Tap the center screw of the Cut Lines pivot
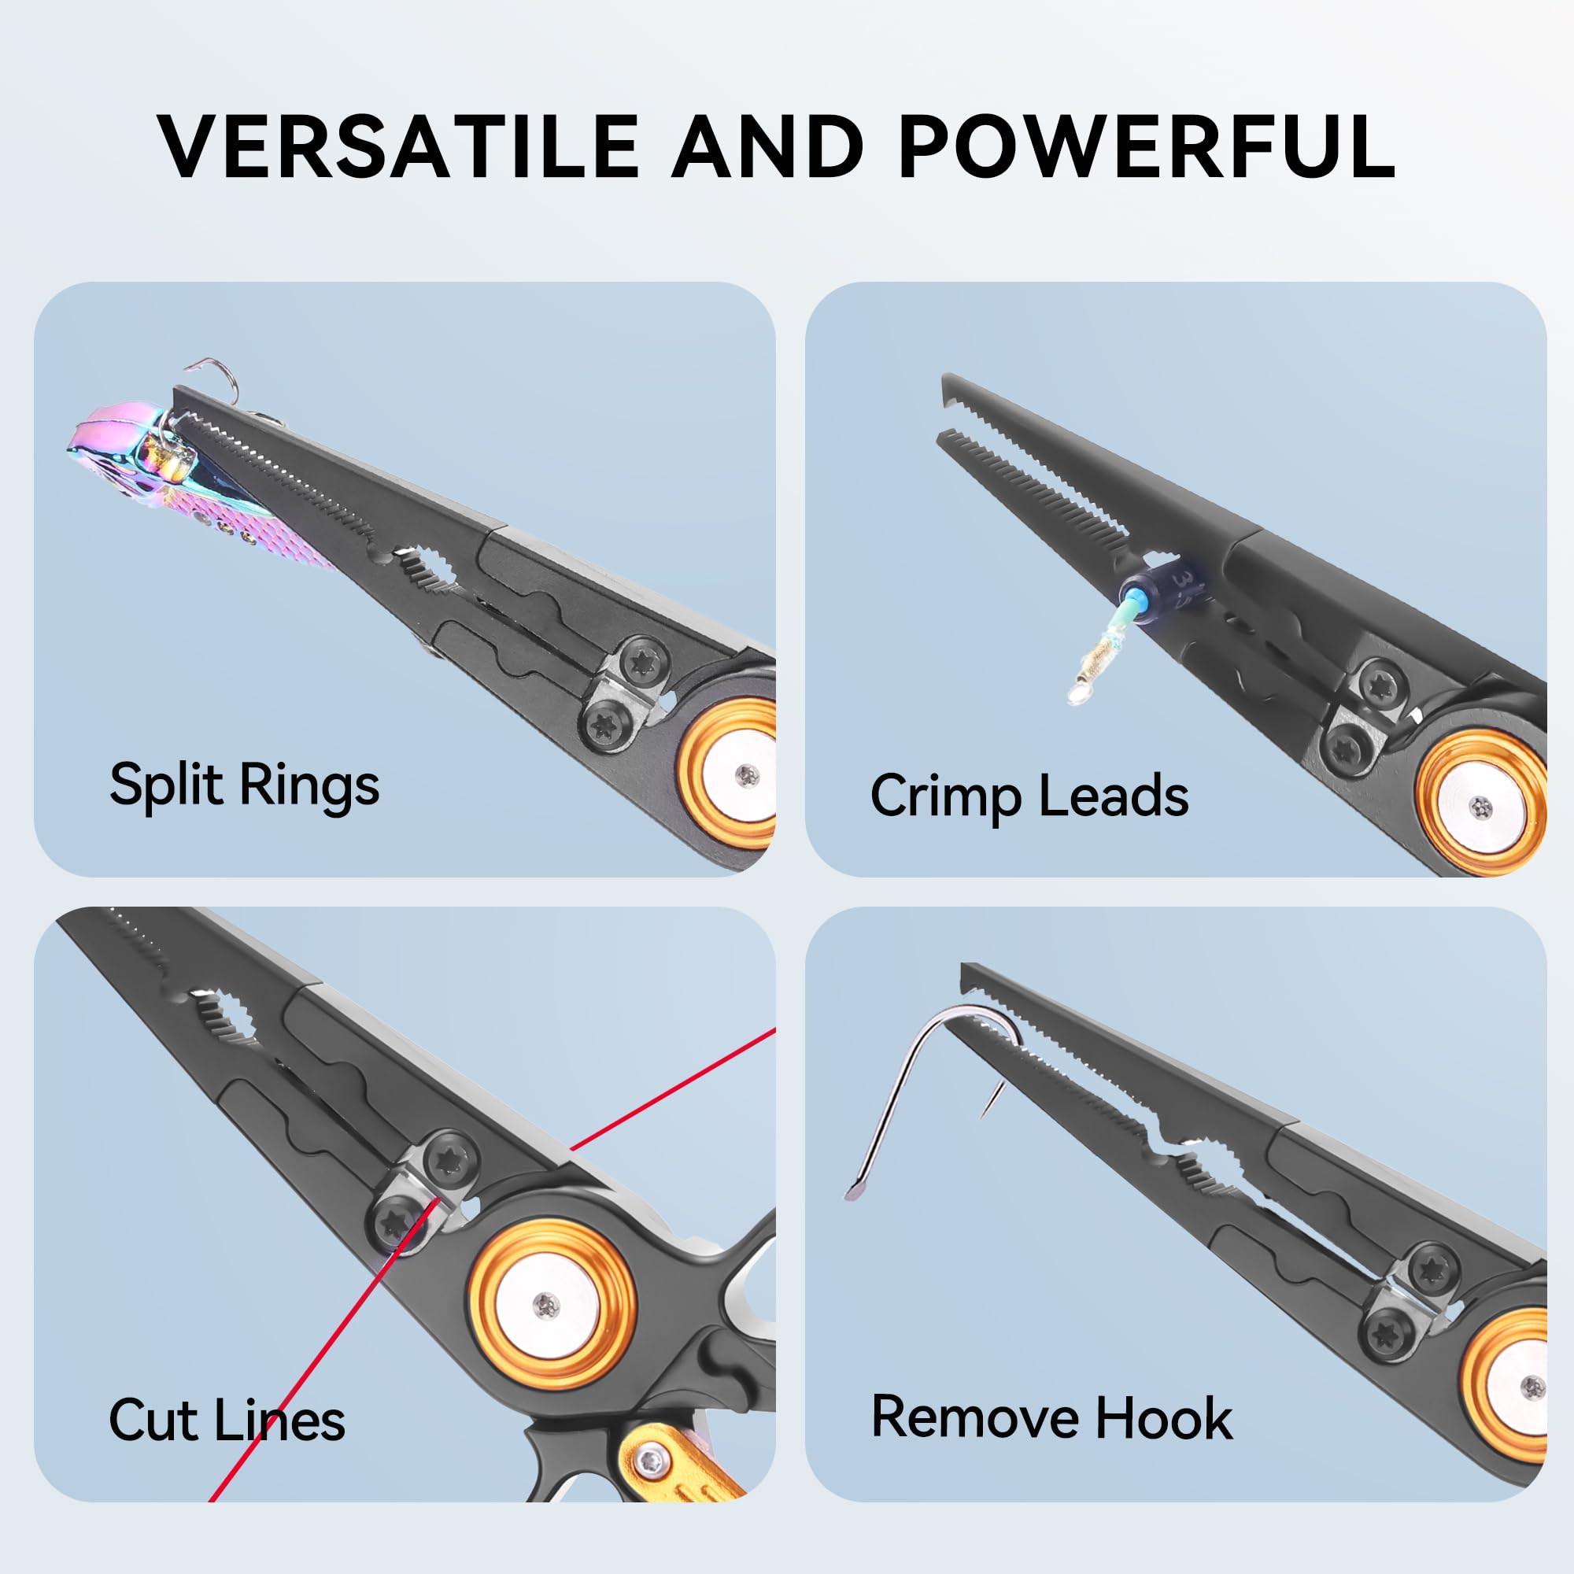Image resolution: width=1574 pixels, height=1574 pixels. (x=547, y=1306)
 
